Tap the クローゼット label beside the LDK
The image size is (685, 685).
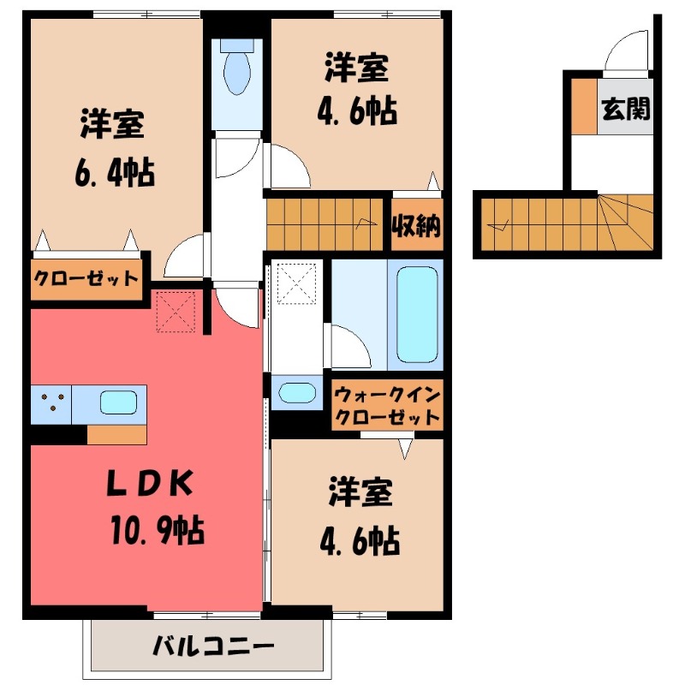(x=86, y=277)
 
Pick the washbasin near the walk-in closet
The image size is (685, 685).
(x=296, y=393)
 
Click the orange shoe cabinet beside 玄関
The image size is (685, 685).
(x=584, y=105)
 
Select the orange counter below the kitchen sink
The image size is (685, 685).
(x=116, y=434)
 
